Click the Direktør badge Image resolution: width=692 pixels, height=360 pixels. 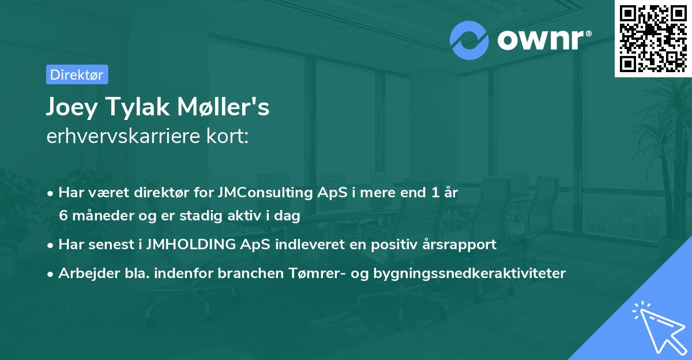tap(77, 74)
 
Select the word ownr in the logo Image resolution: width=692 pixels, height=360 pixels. tap(541, 40)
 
